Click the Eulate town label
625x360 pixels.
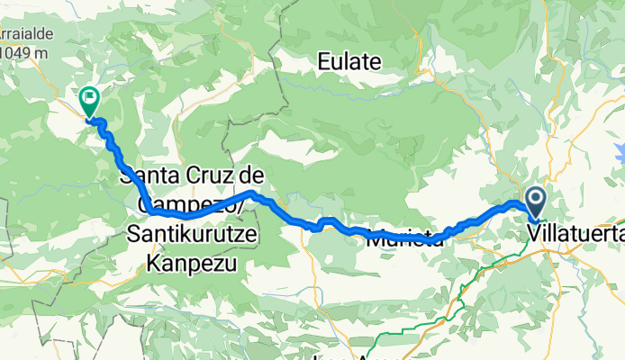350,62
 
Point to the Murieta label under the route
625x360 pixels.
403,240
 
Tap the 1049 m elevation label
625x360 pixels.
23,53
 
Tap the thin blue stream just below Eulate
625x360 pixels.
360,86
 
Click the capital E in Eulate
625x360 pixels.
323,62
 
